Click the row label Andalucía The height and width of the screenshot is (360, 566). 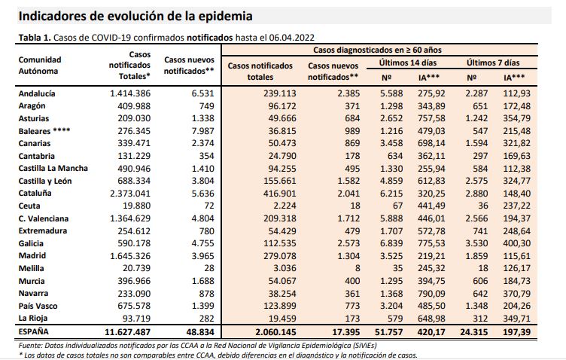click(x=37, y=94)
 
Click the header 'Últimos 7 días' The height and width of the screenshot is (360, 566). click(x=492, y=63)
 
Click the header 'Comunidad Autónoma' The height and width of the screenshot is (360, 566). click(x=39, y=64)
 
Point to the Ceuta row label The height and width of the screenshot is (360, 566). click(x=29, y=206)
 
